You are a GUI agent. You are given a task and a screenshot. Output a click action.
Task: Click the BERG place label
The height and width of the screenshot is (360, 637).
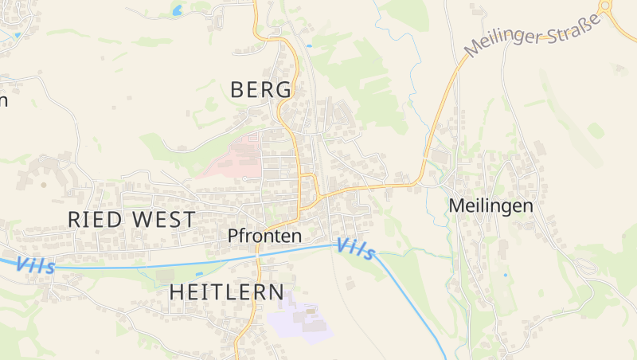[x=261, y=90]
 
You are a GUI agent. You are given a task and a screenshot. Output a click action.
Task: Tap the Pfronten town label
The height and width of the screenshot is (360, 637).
[x=264, y=236]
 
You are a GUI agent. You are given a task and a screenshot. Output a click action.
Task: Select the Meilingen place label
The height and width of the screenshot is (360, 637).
[x=490, y=205]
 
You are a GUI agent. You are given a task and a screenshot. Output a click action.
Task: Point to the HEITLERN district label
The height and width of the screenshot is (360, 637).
[x=226, y=292]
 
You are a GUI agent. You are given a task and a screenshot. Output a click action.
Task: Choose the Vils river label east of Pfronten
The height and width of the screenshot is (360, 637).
[x=355, y=249]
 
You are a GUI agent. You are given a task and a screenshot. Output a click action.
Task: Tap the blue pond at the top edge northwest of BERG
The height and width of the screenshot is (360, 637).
[x=177, y=10]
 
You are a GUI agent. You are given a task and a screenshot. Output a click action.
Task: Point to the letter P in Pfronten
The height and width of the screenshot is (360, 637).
[x=233, y=236]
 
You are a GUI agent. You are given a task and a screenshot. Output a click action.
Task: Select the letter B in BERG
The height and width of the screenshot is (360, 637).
[x=236, y=90]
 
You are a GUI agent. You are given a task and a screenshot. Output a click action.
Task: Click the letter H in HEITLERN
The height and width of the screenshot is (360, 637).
[x=177, y=292]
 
